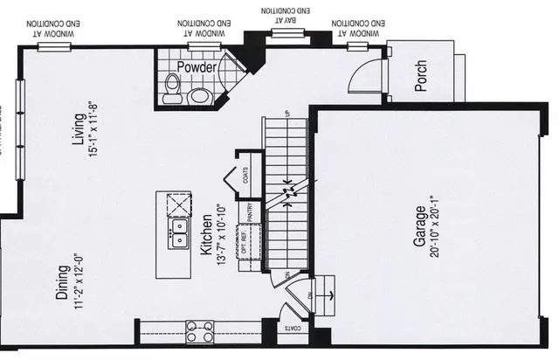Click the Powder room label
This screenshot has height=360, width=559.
click(x=197, y=66)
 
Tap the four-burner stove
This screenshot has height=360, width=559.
click(x=200, y=331)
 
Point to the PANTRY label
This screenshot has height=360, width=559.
click(x=250, y=212)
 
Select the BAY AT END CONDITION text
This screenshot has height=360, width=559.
click(x=284, y=15)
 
